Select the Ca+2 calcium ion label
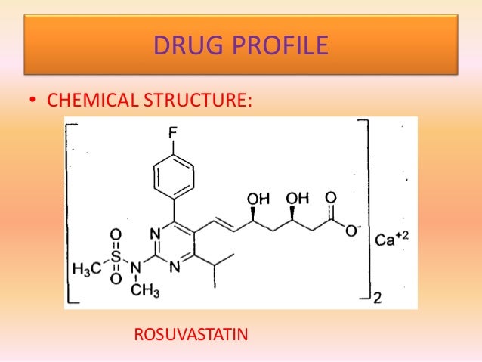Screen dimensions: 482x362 point(394,240)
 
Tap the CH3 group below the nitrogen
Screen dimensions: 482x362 point(143,289)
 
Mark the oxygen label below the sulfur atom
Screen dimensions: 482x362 point(116,280)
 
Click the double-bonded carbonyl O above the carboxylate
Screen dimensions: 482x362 point(329,198)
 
